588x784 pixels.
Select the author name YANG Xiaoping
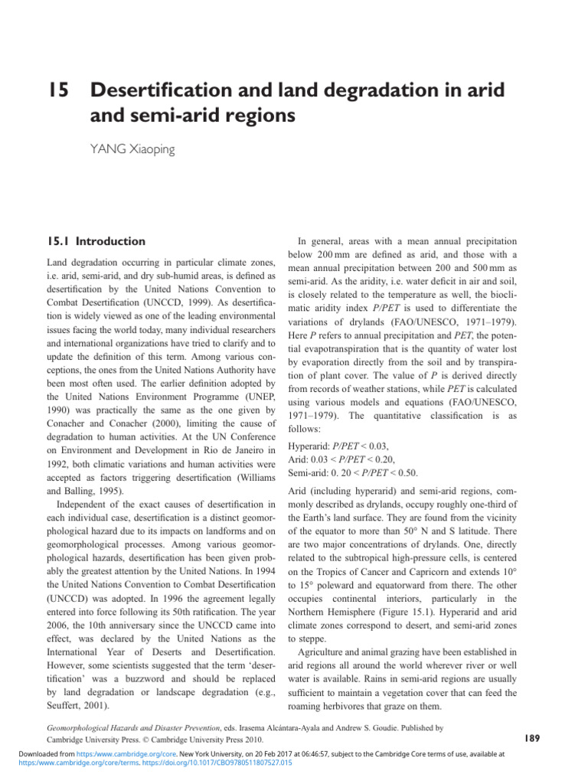[132, 149]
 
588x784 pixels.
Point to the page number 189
[533, 738]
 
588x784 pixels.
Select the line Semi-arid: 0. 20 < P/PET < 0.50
[352, 472]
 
